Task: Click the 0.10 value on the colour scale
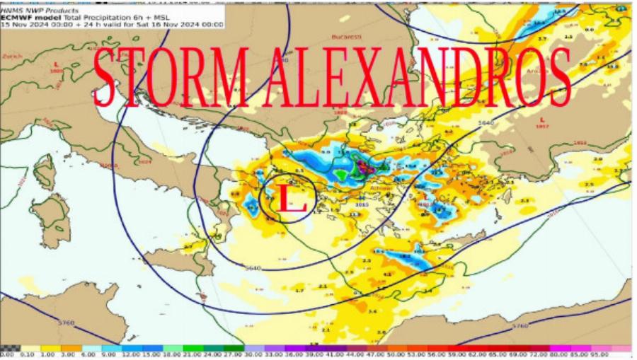click(28, 354)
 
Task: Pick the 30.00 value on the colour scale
click(252, 354)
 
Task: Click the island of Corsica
click(45, 172)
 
